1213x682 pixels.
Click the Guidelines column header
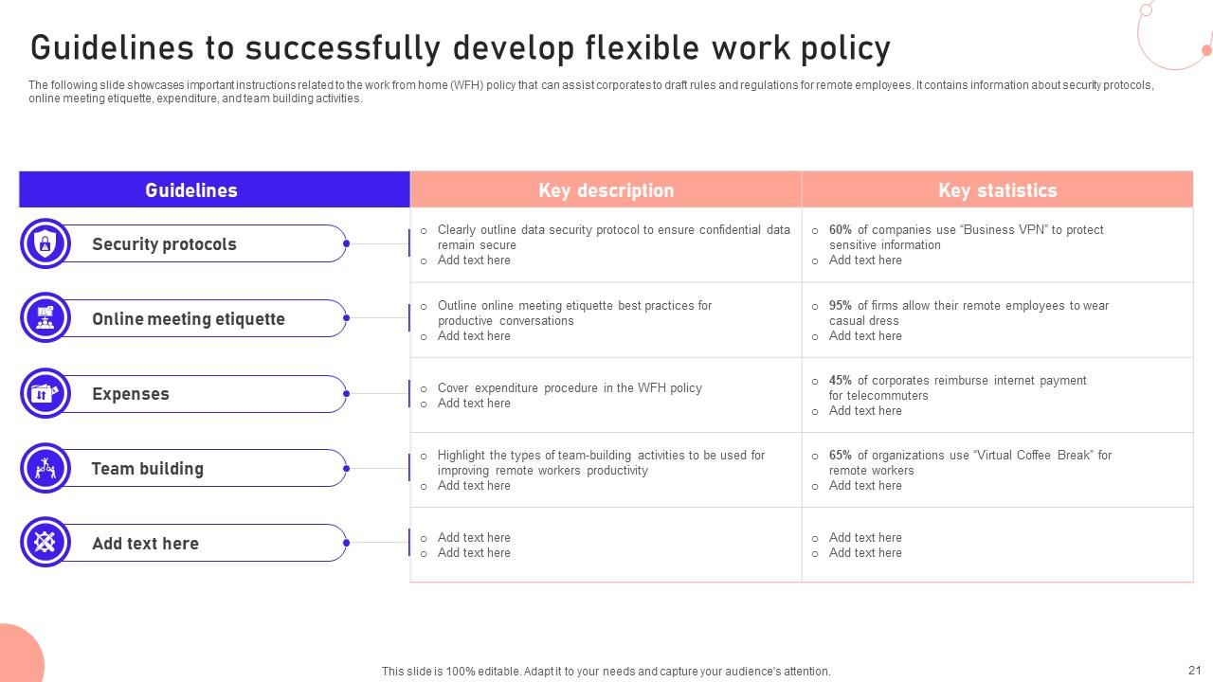point(191,190)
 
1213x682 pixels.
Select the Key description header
point(606,190)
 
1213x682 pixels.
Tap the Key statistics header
point(998,190)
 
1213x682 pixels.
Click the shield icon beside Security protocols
point(45,243)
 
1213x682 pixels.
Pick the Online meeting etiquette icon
point(45,317)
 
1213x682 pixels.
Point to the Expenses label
point(131,393)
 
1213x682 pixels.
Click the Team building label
point(147,468)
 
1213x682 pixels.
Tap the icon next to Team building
point(45,468)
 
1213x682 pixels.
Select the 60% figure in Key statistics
point(840,229)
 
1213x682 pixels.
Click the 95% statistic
point(840,305)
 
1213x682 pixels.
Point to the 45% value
point(840,380)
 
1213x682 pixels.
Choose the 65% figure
point(840,455)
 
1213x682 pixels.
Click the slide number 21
point(1195,670)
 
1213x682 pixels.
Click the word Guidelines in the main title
point(112,47)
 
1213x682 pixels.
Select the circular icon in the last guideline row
point(45,542)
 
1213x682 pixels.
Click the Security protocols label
point(164,244)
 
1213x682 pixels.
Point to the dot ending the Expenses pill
point(346,393)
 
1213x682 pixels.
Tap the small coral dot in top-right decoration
point(1207,50)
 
